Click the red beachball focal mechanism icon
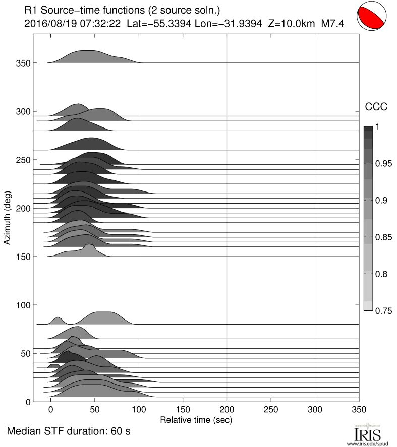[x=375, y=19]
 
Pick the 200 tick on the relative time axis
[x=227, y=410]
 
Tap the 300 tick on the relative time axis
[x=315, y=410]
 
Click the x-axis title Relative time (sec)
[x=196, y=419]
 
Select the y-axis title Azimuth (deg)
[x=8, y=218]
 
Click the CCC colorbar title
[x=376, y=106]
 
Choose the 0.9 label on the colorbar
[x=382, y=201]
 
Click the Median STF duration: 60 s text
[x=69, y=432]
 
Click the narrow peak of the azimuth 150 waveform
[x=89, y=246]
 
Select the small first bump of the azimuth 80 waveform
[x=58, y=320]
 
